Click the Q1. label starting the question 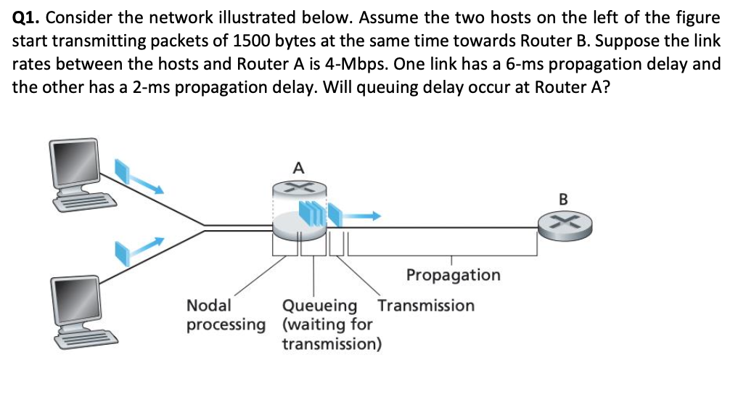27,17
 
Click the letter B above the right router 565,197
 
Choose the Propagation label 453,275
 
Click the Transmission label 426,306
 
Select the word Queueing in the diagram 320,306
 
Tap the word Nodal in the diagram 209,306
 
